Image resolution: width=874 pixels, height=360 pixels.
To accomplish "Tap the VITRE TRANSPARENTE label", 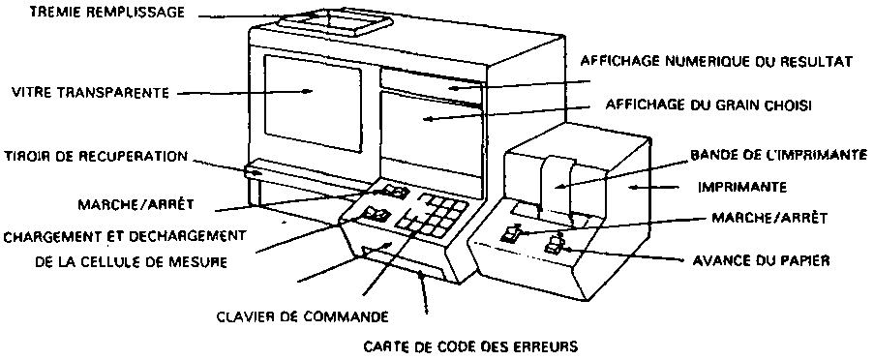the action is click(x=90, y=93).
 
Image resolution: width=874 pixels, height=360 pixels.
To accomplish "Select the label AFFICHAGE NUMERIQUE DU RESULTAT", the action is click(x=715, y=61).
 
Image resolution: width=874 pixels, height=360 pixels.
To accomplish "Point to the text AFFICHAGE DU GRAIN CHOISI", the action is click(x=707, y=105).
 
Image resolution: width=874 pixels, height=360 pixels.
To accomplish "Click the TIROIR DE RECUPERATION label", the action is click(x=96, y=157).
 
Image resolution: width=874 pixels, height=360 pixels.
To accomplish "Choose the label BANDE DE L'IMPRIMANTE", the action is click(x=779, y=154).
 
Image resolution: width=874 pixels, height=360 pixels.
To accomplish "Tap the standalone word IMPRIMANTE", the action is click(x=742, y=187).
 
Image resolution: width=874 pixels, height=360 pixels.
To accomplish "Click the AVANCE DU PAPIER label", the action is click(x=762, y=260).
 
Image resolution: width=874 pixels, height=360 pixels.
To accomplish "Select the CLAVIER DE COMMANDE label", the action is click(x=302, y=317).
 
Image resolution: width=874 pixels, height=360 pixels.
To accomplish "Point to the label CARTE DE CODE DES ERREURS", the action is click(x=469, y=347).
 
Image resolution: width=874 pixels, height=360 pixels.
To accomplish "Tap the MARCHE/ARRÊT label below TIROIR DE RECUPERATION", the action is click(x=136, y=204).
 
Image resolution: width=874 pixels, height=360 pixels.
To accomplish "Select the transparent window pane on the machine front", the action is click(x=312, y=104).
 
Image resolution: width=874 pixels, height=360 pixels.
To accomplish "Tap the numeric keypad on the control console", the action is click(x=432, y=215).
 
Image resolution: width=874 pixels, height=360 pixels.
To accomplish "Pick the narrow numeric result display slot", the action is click(x=431, y=86).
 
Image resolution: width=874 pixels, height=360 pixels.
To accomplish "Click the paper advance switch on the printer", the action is click(x=554, y=244).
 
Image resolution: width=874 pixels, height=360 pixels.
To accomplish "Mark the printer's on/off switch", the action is click(x=511, y=234).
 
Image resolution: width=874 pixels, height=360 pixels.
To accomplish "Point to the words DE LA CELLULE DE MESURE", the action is click(x=131, y=262).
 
